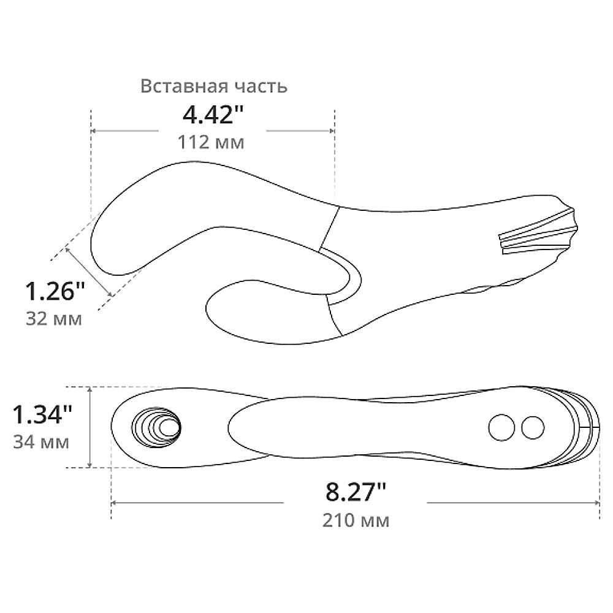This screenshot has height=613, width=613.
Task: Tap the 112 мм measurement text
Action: (x=211, y=142)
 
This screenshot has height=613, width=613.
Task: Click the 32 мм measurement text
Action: (x=54, y=319)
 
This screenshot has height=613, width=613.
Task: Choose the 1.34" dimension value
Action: (x=42, y=414)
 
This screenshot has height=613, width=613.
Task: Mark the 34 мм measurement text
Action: (x=41, y=442)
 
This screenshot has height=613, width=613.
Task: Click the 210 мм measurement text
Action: (x=356, y=520)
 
